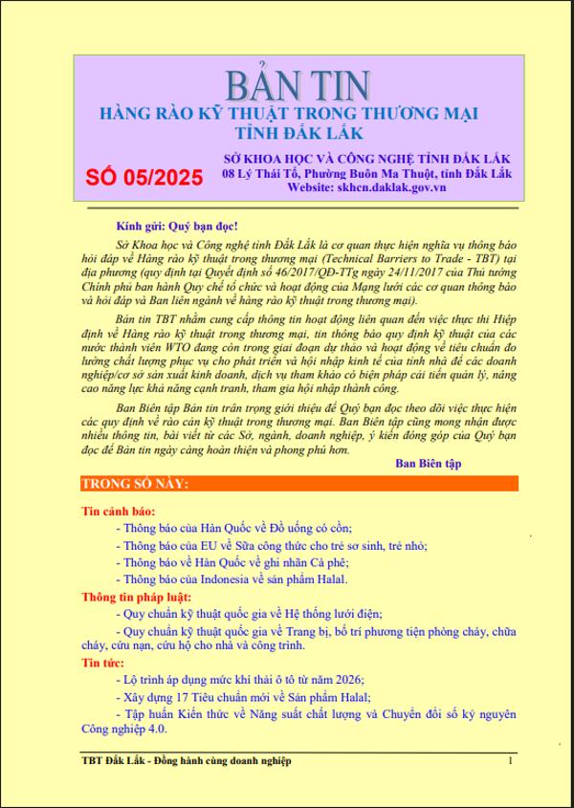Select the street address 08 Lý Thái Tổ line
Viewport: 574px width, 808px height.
366,173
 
